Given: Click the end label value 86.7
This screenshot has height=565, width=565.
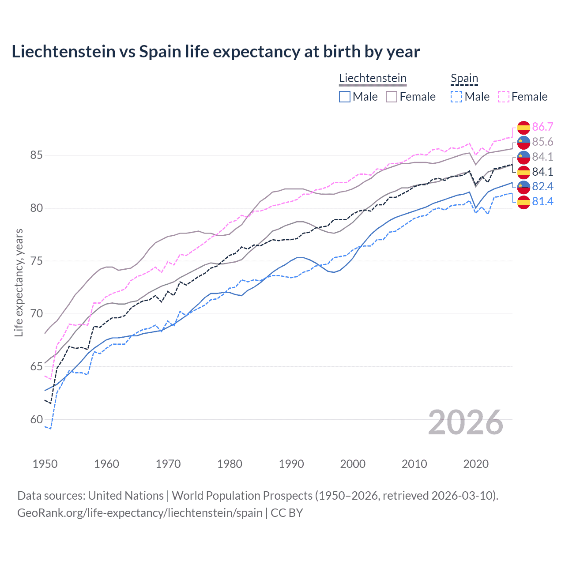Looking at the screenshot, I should coord(542,127).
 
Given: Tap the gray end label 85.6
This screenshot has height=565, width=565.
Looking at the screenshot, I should coord(542,142).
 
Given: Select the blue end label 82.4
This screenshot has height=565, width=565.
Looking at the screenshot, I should coord(542,187).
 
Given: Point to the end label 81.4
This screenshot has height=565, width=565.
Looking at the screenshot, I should coord(542,202).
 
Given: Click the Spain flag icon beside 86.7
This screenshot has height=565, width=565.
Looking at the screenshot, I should coord(524,127).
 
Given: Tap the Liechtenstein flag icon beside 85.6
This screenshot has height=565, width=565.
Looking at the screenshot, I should coord(524,142).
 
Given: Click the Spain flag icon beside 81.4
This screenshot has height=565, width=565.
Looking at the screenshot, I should coord(524,202).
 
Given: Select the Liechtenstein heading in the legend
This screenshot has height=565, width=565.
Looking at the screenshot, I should coord(373,78).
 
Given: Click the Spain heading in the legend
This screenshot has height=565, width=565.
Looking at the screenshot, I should coord(464,78).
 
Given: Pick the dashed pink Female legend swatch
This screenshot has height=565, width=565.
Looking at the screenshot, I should coord(504,97).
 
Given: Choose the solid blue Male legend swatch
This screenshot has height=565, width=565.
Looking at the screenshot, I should coord(345,97).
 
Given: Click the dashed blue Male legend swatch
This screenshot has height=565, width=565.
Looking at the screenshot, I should coord(456,97).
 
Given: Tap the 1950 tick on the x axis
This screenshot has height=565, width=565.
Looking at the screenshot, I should coord(45,464).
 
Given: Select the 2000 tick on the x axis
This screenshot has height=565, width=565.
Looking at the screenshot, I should coord(353,464).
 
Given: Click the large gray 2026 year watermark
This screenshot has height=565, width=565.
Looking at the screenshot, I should coord(465,423).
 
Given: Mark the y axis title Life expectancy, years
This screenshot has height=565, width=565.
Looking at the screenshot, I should coord(19,282).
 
